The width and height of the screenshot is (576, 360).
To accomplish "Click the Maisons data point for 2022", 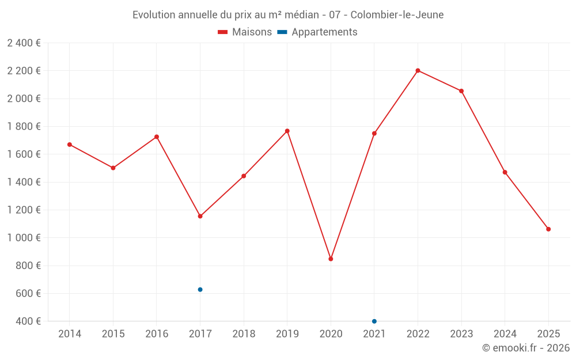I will coord(418,71).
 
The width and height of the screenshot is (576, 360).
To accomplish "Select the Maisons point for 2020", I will coord(331,259).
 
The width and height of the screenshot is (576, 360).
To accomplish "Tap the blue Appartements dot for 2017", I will coord(200,290).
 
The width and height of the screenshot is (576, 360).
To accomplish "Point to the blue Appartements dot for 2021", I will coord(374,321).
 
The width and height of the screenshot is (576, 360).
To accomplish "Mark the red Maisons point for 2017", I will coord(200,217).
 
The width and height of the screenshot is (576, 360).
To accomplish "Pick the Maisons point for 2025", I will coord(548,229).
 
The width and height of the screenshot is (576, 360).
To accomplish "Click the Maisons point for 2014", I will coord(70,145).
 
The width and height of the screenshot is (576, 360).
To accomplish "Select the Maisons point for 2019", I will coord(287,131).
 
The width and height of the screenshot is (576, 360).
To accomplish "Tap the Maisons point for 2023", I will coord(461,91).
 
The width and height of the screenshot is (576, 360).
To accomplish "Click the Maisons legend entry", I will coord(245,32).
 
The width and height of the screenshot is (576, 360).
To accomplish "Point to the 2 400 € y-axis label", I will coord(24,43).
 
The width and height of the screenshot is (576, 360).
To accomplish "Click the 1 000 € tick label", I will coord(24,238).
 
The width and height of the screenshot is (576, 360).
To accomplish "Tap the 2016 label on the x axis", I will coord(157,334).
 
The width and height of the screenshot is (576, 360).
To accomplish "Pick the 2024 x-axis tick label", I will coord(505,334).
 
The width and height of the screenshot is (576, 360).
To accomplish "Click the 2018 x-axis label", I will coord(244,334).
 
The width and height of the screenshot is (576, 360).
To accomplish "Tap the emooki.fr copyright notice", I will coord(526,348).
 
